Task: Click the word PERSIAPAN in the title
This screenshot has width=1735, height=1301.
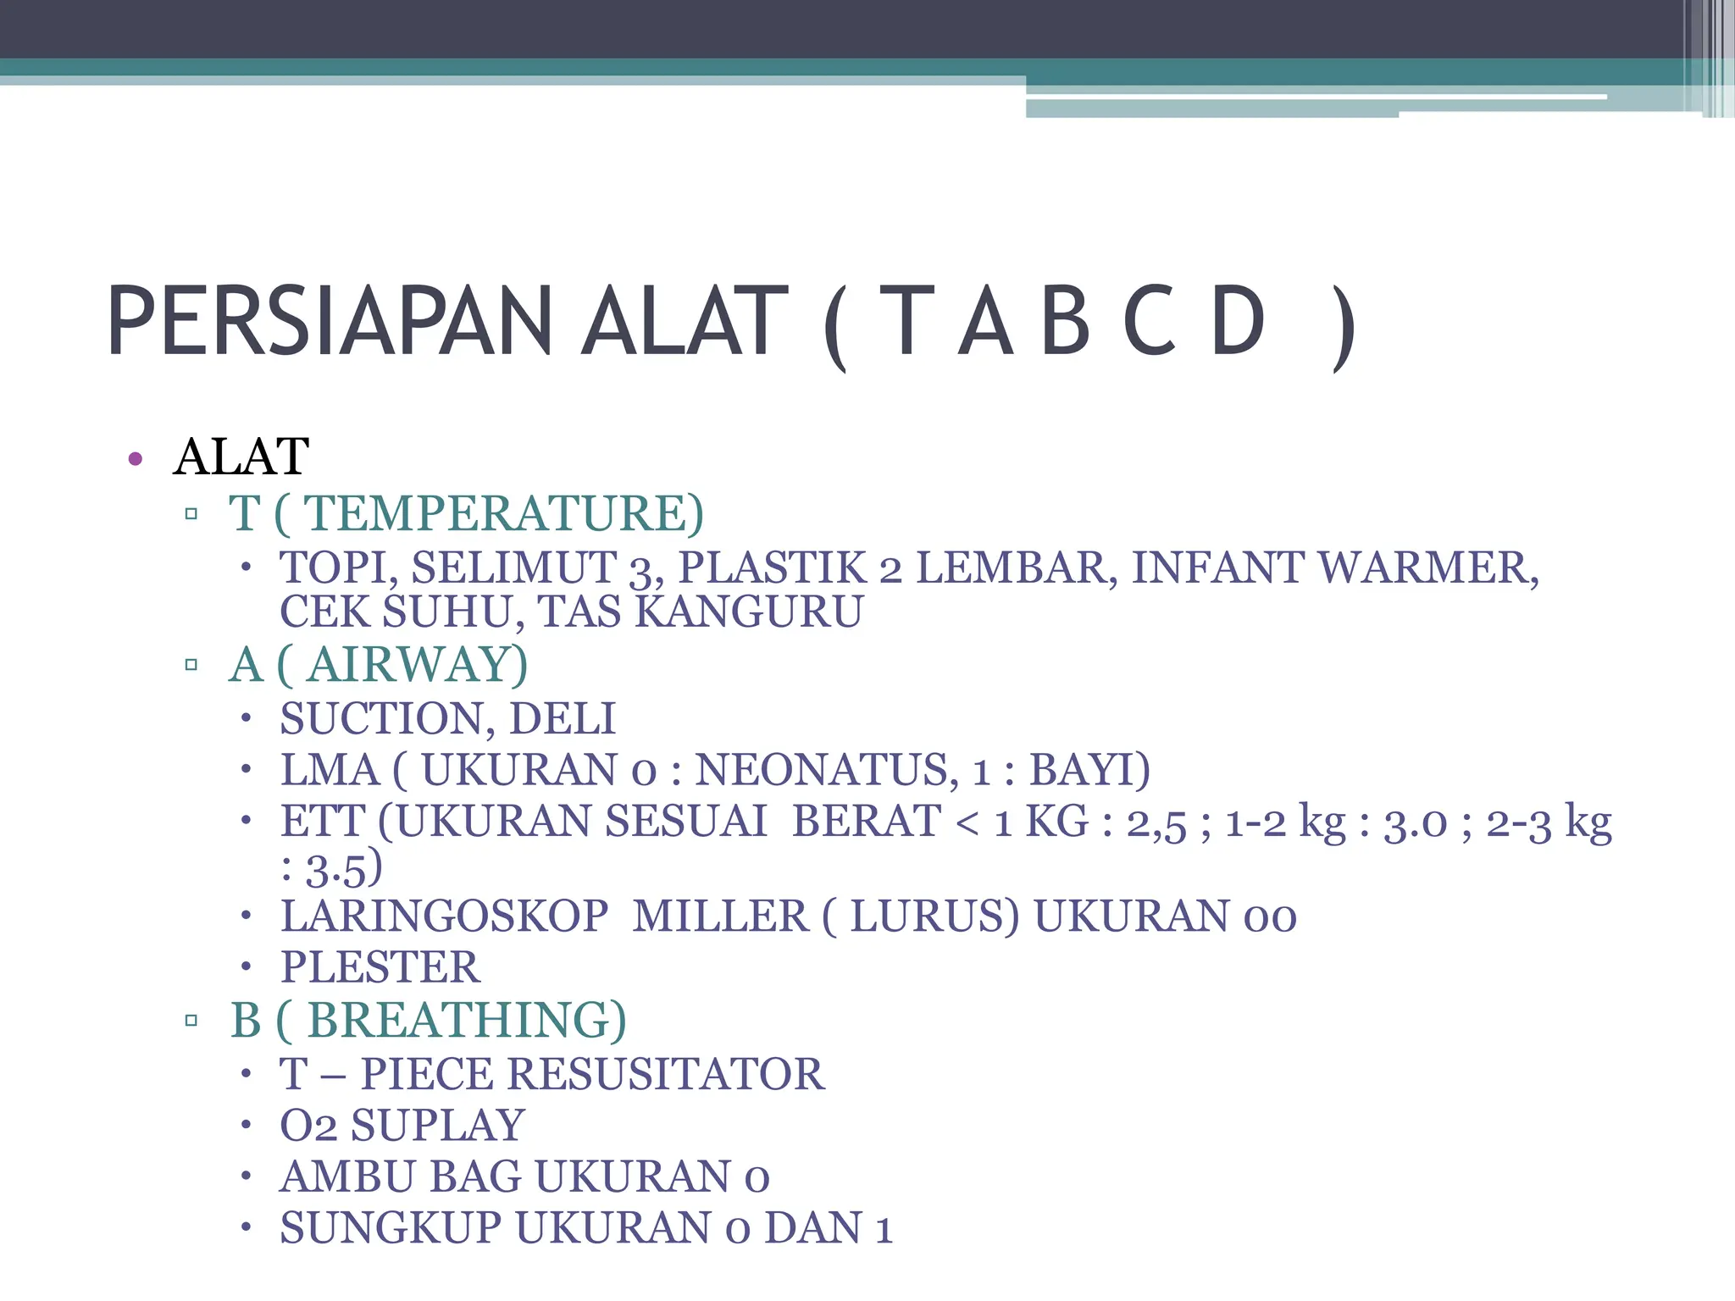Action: [330, 322]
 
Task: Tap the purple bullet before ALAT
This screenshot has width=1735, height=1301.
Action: [135, 460]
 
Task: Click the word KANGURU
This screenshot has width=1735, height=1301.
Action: [749, 612]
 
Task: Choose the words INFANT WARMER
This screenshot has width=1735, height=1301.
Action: [1334, 567]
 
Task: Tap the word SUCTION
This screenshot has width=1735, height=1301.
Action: [387, 718]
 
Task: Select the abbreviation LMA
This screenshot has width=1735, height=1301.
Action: [330, 770]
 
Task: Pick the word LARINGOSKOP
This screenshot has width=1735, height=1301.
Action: [445, 916]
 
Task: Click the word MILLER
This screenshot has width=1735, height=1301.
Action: [720, 916]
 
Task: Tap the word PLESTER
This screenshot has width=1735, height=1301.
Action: [380, 967]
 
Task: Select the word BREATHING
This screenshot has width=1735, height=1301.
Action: [465, 1020]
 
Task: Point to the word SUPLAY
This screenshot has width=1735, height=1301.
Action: [438, 1126]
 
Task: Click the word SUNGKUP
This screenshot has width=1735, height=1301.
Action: [391, 1228]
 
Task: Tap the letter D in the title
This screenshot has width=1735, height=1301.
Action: [1238, 322]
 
